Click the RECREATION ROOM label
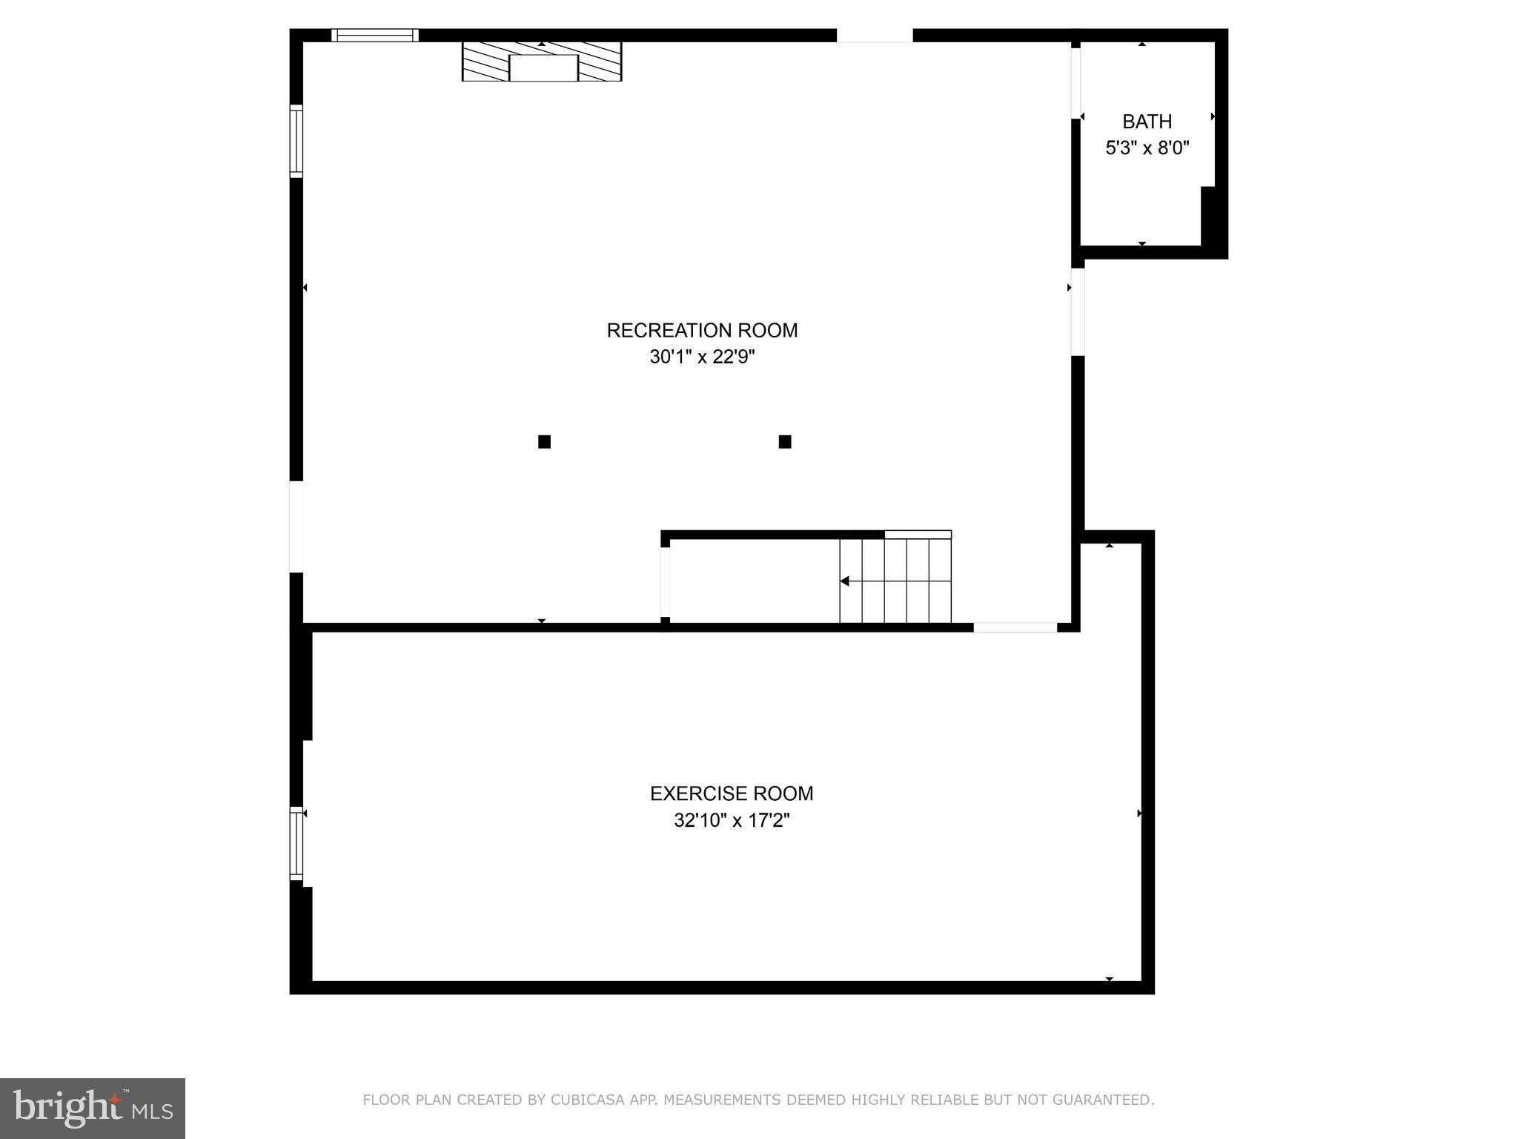[x=702, y=331]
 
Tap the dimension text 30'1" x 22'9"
[x=702, y=357]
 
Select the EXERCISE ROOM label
[x=732, y=793]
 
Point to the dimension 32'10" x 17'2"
[x=732, y=821]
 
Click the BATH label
[x=1147, y=122]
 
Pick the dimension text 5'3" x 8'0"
[x=1147, y=148]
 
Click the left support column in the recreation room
[x=544, y=442]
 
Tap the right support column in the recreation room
[x=785, y=442]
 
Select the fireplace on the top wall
[x=542, y=62]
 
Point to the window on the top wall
[x=375, y=35]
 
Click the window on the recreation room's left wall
[x=296, y=141]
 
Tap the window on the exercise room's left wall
[x=296, y=844]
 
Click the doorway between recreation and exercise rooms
[x=1015, y=627]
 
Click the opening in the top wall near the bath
[x=875, y=36]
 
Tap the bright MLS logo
[x=92, y=1108]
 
